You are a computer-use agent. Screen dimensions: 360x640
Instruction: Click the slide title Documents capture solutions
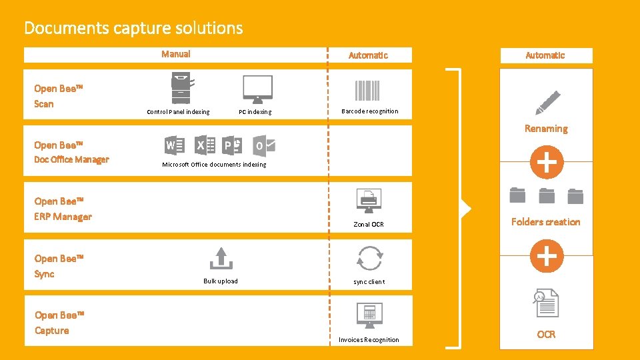pyautogui.click(x=133, y=28)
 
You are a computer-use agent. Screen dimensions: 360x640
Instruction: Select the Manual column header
pyautogui.click(x=176, y=55)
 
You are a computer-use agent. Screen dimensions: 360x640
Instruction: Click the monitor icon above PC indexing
pyautogui.click(x=257, y=89)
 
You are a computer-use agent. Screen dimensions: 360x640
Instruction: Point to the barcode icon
pyautogui.click(x=367, y=90)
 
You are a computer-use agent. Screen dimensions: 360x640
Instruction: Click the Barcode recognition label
pyautogui.click(x=369, y=111)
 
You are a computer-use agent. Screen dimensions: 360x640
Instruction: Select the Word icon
pyautogui.click(x=174, y=145)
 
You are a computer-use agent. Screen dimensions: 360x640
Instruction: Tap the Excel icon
pyautogui.click(x=204, y=145)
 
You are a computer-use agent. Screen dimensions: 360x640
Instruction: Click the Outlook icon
pyautogui.click(x=264, y=145)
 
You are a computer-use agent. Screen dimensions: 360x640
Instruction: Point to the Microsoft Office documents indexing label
pyautogui.click(x=214, y=165)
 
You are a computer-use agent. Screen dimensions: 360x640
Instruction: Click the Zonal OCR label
pyautogui.click(x=369, y=225)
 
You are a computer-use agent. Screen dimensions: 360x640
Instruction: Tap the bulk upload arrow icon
pyautogui.click(x=221, y=257)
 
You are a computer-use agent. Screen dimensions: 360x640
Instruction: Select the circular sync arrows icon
pyautogui.click(x=369, y=258)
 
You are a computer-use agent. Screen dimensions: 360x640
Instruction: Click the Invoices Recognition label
pyautogui.click(x=369, y=340)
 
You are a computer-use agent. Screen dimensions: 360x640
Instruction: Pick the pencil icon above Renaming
pyautogui.click(x=547, y=103)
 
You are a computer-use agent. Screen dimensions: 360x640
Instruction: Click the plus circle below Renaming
pyautogui.click(x=547, y=162)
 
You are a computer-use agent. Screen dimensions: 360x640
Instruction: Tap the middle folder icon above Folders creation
pyautogui.click(x=547, y=195)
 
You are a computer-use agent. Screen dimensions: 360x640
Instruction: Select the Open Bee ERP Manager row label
pyautogui.click(x=63, y=209)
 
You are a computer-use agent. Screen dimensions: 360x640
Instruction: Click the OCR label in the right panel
pyautogui.click(x=546, y=335)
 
